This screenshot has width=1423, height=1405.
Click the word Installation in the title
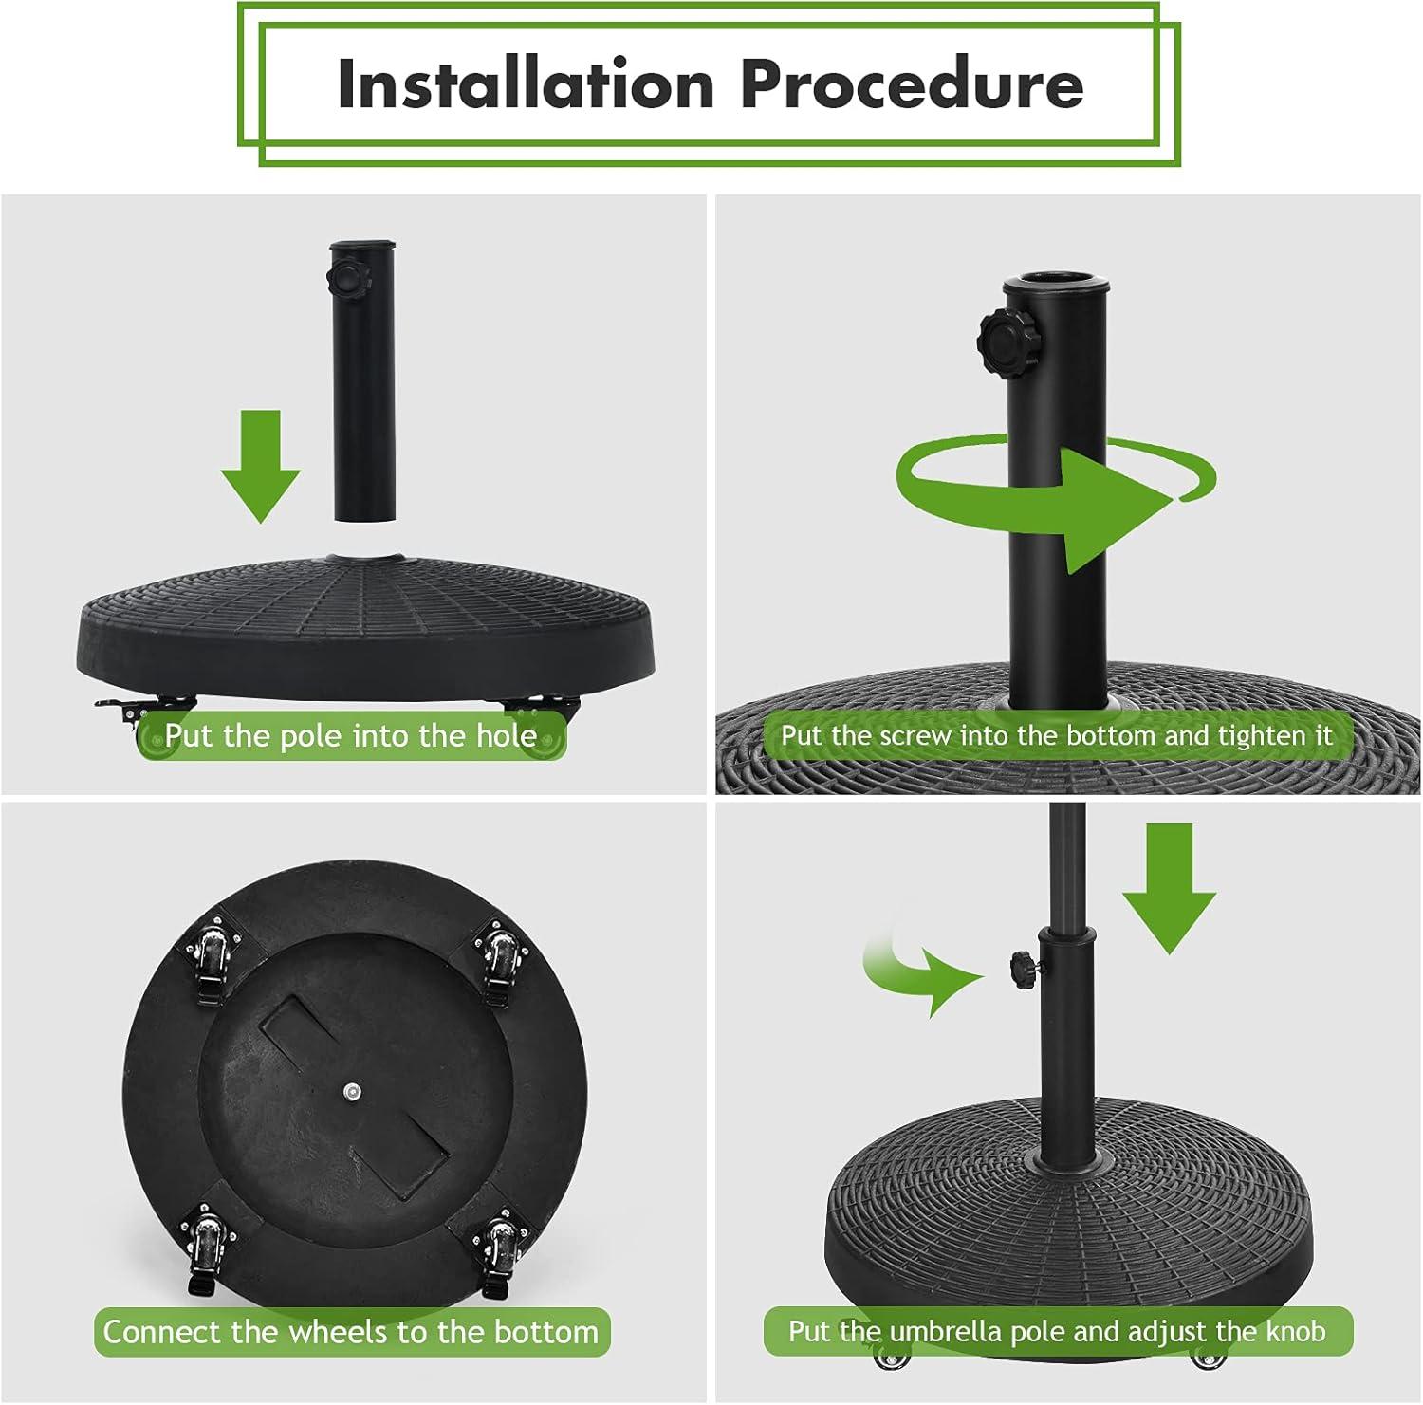tap(526, 83)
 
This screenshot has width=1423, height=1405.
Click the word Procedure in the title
tap(912, 83)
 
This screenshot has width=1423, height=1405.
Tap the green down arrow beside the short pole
tap(261, 466)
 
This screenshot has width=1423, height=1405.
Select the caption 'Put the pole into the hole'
tap(351, 736)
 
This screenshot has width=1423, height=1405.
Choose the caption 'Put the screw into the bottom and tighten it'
tap(1057, 735)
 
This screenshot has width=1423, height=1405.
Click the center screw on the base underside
tap(353, 1093)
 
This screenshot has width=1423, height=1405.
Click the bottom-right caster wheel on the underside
tap(498, 1252)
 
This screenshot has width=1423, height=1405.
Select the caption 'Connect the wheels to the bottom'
tap(351, 1332)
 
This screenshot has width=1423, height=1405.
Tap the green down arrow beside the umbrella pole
tap(1169, 888)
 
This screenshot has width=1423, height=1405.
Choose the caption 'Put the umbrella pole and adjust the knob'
tap(1058, 1332)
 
